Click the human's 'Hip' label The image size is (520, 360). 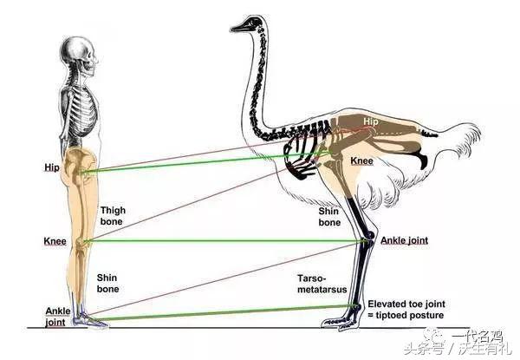click(53, 166)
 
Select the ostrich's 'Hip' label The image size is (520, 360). click(371, 122)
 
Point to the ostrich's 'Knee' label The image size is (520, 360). click(362, 161)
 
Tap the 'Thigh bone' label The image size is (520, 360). click(112, 215)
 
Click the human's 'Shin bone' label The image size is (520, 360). click(108, 283)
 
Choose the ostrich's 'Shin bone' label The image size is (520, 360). click(329, 216)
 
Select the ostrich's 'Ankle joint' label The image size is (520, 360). click(404, 240)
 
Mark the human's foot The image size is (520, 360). click(90, 322)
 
